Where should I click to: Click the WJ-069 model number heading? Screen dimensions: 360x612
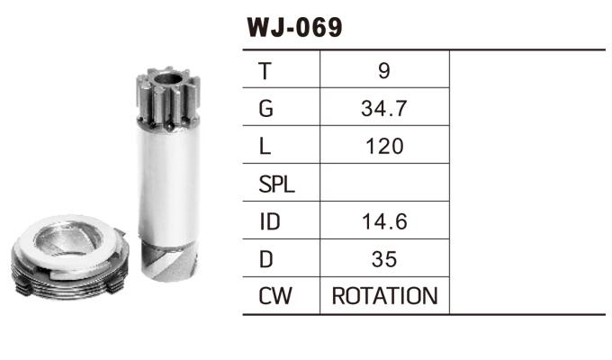click(x=294, y=27)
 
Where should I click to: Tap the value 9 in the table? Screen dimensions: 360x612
click(x=384, y=69)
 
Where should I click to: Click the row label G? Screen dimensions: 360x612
click(x=264, y=108)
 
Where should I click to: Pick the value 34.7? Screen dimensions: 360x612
click(x=384, y=108)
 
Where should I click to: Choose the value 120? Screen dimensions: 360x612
click(x=384, y=146)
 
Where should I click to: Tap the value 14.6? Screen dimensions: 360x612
click(x=384, y=221)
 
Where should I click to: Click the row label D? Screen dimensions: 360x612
click(x=264, y=259)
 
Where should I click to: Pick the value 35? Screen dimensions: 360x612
click(x=384, y=259)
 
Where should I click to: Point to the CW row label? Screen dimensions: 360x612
click(x=274, y=296)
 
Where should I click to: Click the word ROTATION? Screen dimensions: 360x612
click(x=384, y=296)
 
